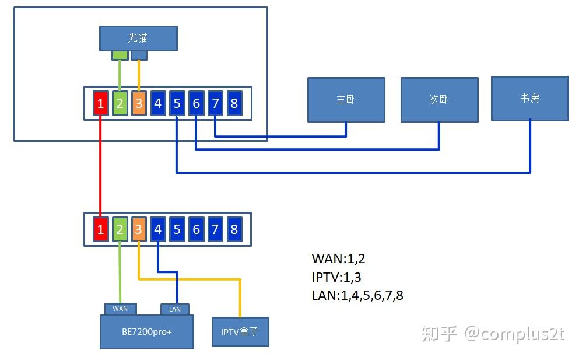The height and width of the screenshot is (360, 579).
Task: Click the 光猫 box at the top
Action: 138,38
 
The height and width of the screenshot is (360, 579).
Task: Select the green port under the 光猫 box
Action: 120,55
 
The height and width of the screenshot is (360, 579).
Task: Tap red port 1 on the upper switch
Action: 101,104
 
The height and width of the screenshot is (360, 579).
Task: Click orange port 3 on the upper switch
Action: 139,104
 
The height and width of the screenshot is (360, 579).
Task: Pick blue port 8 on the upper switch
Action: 234,104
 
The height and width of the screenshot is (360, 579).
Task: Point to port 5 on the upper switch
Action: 177,104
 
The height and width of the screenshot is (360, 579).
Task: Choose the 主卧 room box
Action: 346,99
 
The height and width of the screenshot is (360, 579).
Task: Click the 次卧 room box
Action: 439,99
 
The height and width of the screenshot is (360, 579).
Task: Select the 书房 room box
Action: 529,98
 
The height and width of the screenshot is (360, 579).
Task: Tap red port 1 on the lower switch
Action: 101,229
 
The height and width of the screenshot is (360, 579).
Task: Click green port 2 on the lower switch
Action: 120,229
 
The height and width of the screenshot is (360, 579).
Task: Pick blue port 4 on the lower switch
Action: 157,229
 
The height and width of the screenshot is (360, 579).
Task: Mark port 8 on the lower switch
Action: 234,229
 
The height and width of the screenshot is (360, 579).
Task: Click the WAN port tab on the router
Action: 120,309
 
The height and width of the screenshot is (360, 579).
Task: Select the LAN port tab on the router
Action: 175,309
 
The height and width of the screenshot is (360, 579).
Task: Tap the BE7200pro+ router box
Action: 147,332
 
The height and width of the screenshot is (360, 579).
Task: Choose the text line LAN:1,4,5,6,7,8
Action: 357,295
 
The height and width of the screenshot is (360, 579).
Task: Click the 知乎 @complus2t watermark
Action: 492,333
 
